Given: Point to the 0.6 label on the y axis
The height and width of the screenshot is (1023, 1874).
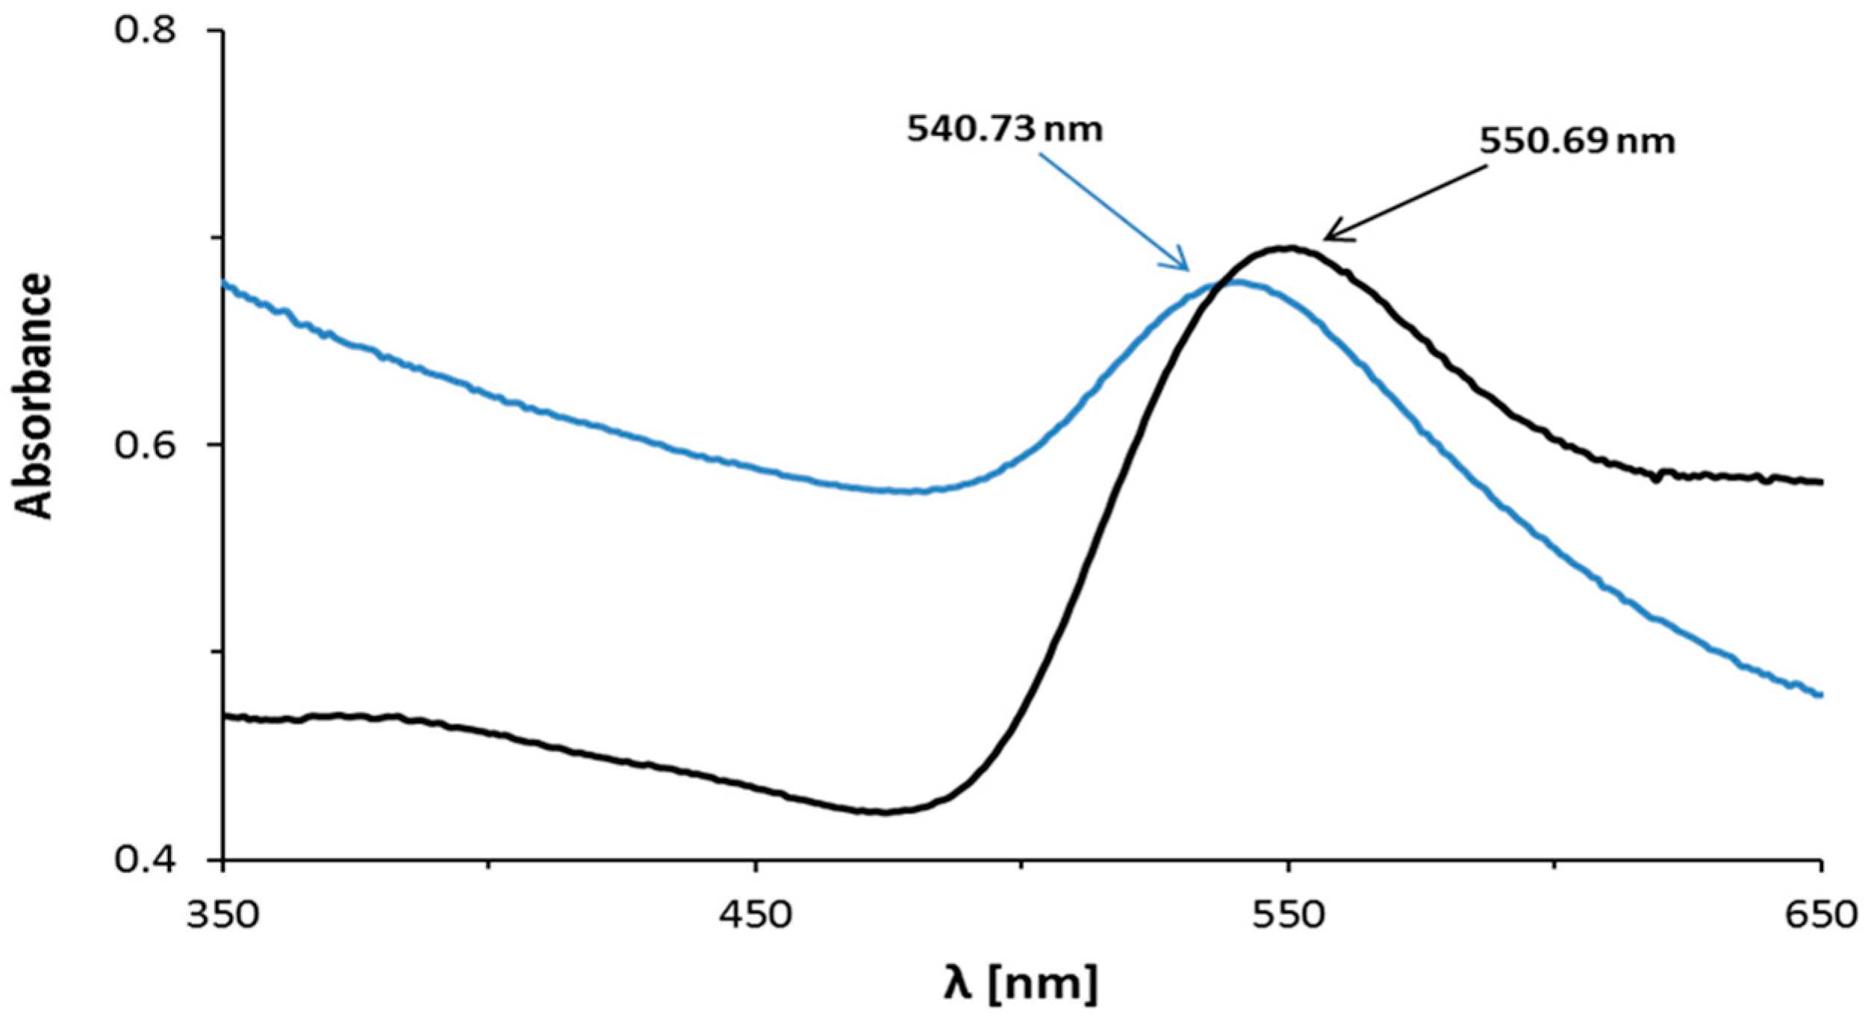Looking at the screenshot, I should tap(145, 447).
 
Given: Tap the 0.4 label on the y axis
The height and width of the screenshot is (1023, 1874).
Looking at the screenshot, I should tap(145, 860).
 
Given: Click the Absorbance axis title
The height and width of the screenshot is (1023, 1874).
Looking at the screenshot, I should tap(34, 396).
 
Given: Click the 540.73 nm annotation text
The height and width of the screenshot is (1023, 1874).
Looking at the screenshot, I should tap(1004, 130).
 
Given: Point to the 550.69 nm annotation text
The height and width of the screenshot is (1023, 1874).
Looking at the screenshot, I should tap(1577, 141).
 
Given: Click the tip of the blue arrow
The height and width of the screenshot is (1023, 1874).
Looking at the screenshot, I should tap(1187, 270).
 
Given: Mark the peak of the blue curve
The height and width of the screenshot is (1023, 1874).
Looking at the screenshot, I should tap(1236, 282).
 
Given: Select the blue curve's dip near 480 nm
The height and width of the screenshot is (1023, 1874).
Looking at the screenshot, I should tap(907, 491).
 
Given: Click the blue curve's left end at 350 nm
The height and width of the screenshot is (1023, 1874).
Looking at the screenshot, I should tap(225, 284).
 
